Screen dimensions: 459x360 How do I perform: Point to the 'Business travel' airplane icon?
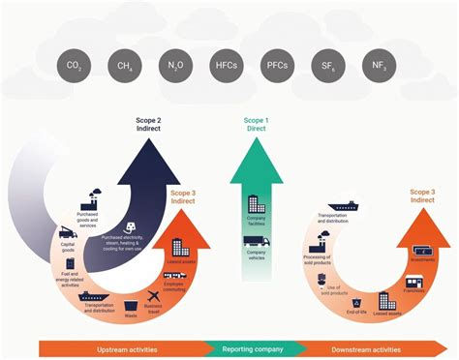[x=152, y=295]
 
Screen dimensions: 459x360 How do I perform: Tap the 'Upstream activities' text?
[x=125, y=349]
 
